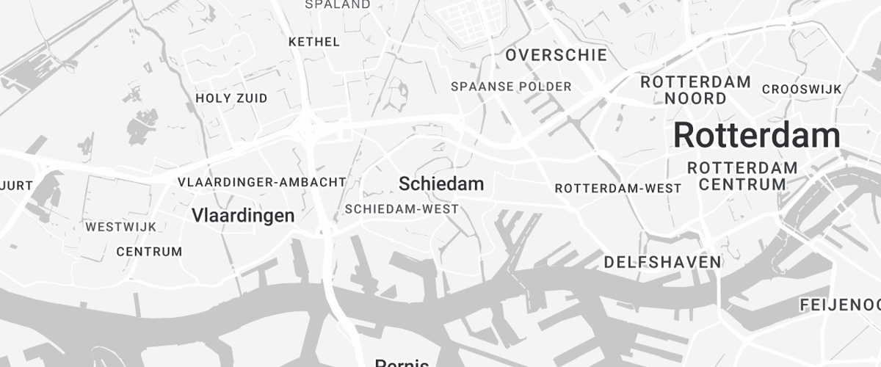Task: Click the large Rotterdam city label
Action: click(x=756, y=137)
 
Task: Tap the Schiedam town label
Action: click(x=441, y=184)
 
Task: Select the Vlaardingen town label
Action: click(x=243, y=216)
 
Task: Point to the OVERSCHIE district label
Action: click(x=556, y=55)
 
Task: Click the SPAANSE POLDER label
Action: click(x=511, y=87)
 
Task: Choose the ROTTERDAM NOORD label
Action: click(x=695, y=90)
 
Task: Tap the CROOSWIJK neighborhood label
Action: click(x=801, y=89)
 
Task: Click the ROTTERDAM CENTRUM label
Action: click(x=742, y=176)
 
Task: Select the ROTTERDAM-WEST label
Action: click(x=617, y=189)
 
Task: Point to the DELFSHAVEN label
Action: click(x=662, y=262)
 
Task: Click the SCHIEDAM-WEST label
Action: click(x=402, y=209)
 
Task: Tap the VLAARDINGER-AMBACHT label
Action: click(x=261, y=181)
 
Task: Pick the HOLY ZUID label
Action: click(x=231, y=98)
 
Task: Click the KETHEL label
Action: click(x=314, y=42)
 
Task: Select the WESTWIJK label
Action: click(x=120, y=227)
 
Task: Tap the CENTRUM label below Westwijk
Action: click(x=149, y=252)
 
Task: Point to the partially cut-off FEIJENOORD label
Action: click(x=839, y=305)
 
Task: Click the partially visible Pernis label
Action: click(x=402, y=363)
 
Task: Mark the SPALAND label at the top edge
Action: click(x=338, y=4)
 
